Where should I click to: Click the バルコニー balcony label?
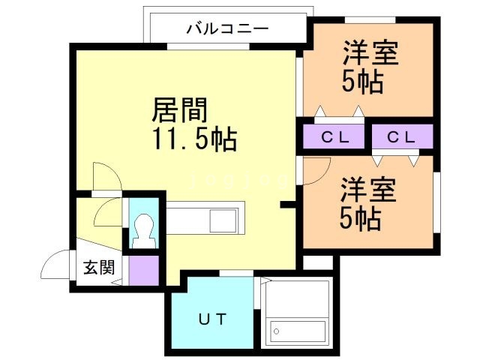pos(226,29)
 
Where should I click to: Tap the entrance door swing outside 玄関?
pos(56,265)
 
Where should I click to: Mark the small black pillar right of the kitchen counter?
pos(286,204)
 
